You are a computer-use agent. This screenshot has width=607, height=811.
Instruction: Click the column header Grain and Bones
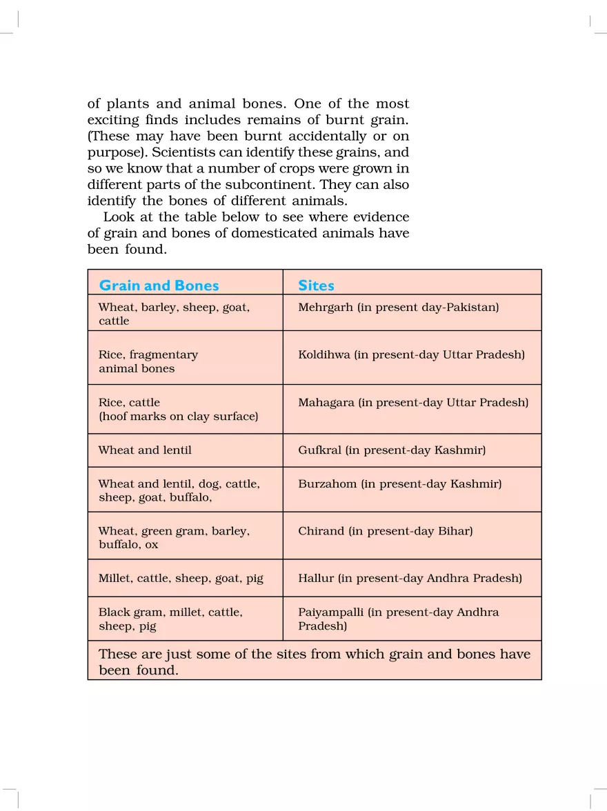(159, 286)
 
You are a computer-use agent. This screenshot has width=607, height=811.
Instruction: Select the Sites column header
(316, 286)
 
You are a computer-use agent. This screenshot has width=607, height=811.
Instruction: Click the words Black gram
(127, 612)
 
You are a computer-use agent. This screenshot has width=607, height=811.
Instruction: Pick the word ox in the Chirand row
(151, 545)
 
